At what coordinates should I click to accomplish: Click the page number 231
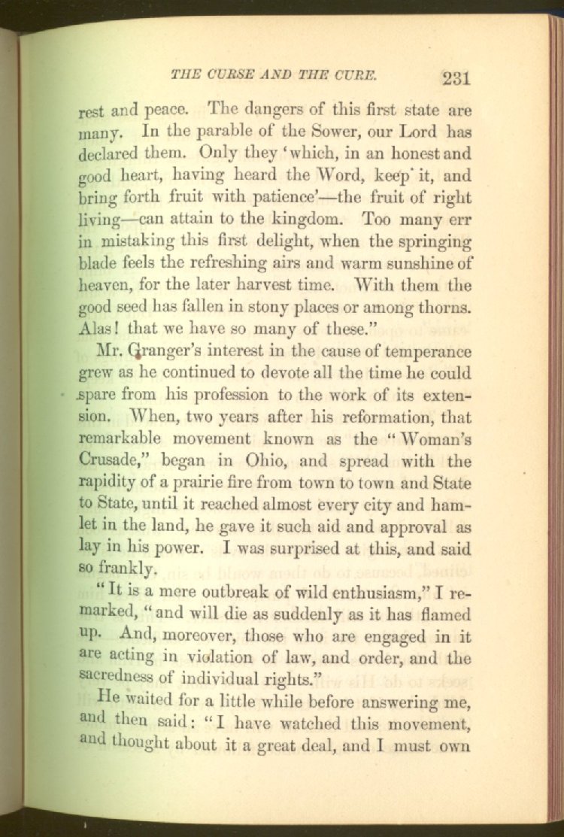click(456, 78)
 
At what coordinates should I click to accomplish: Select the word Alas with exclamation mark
click(102, 331)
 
